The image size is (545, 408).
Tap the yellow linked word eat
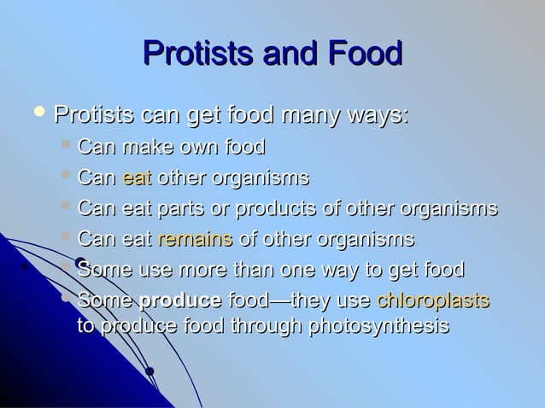pos(137,179)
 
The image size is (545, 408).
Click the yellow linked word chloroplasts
pos(433,300)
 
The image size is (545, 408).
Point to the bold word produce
pos(180,300)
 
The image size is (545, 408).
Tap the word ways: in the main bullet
pos(375,114)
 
